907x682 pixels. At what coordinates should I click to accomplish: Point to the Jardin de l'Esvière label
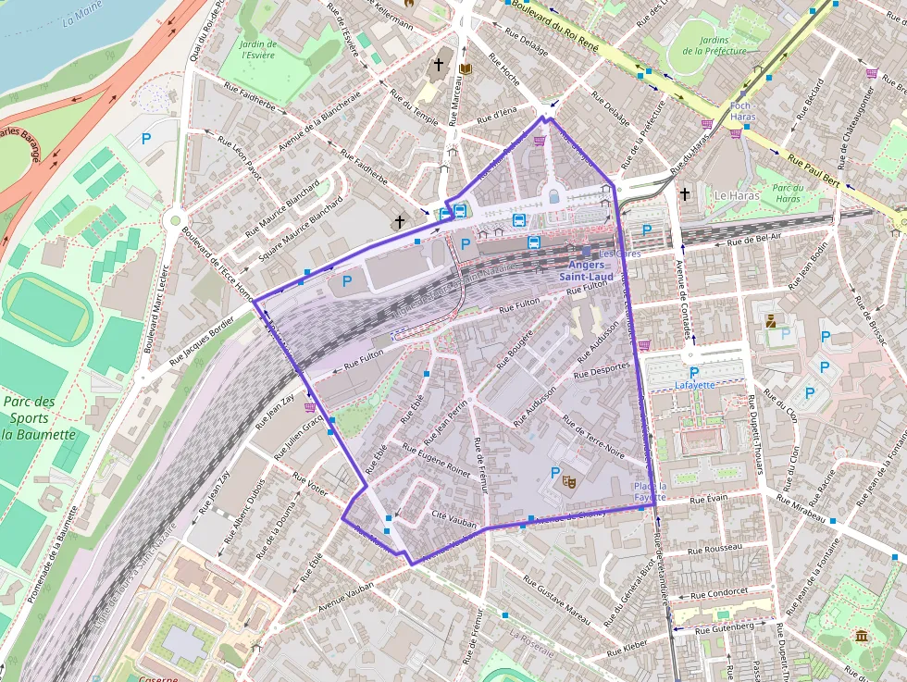pyautogui.click(x=258, y=49)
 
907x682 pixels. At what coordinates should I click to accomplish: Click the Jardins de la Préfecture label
pyautogui.click(x=714, y=45)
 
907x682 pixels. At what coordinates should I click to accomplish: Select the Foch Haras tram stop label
pyautogui.click(x=743, y=111)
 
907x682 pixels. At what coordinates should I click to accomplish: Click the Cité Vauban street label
pyautogui.click(x=453, y=523)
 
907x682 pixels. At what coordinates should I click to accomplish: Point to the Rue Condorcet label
pyautogui.click(x=717, y=593)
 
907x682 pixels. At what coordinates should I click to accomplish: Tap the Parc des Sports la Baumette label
pyautogui.click(x=38, y=418)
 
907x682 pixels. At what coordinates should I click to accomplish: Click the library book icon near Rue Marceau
pyautogui.click(x=466, y=69)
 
